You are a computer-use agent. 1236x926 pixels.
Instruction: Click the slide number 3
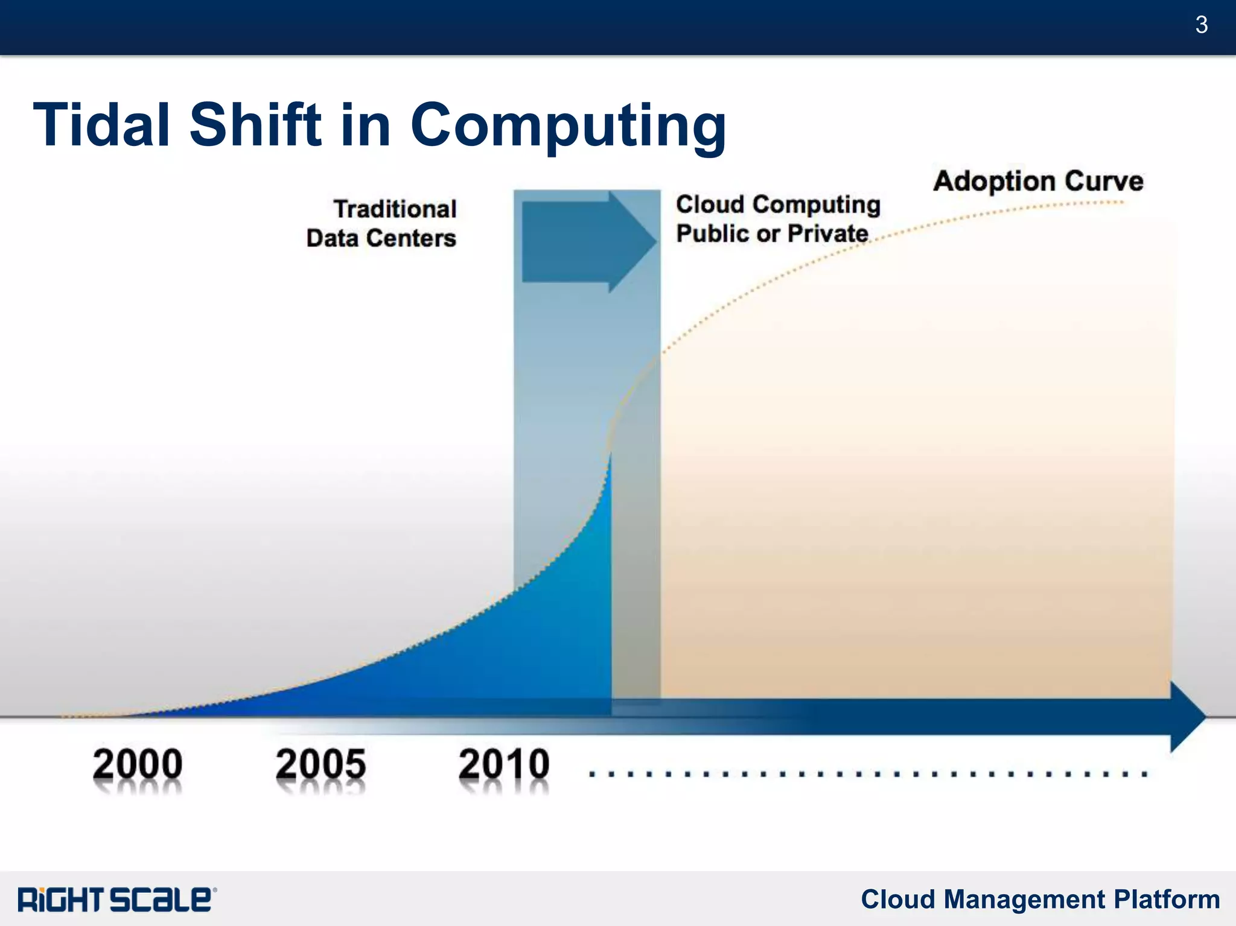tap(1201, 25)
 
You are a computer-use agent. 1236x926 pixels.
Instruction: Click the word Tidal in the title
tap(101, 125)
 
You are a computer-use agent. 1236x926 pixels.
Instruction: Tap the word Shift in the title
tap(256, 125)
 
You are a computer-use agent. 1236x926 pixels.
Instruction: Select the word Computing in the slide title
tap(568, 127)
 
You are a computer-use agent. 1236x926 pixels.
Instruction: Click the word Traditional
tap(395, 209)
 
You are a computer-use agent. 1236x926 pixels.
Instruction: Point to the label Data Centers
tap(381, 238)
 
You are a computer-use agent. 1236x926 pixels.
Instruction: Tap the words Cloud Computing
tap(778, 205)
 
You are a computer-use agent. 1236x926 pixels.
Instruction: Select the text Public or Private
tap(772, 233)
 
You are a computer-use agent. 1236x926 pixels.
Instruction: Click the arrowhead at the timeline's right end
tap(1187, 717)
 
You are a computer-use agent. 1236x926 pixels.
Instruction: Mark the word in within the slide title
tap(366, 125)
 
